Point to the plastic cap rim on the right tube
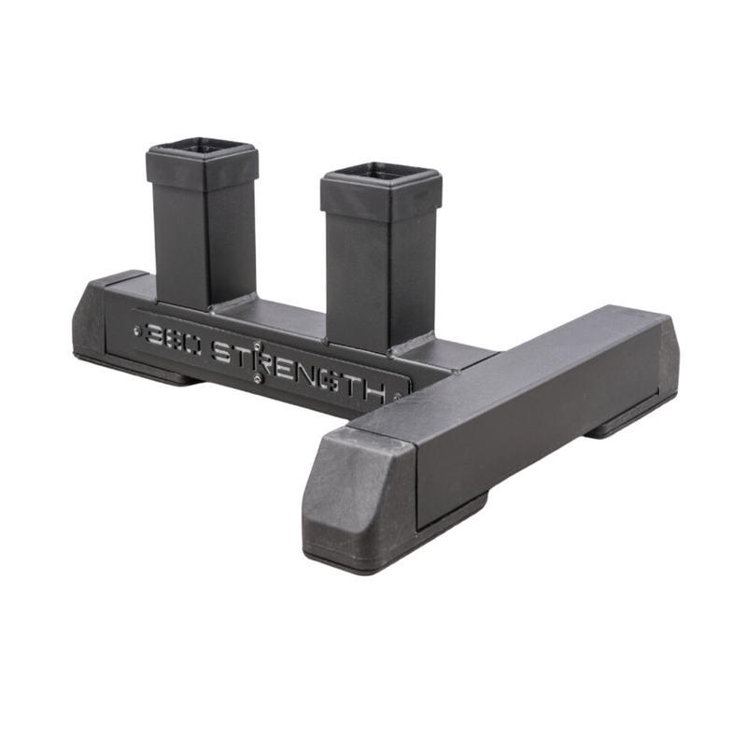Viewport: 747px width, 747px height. pyautogui.click(x=378, y=202)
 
